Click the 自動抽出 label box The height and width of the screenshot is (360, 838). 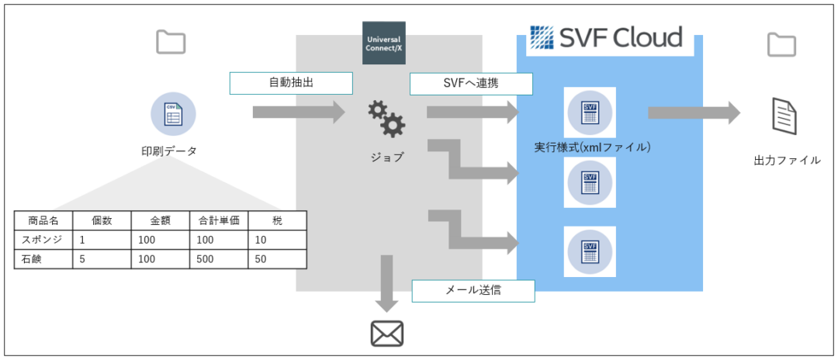pyautogui.click(x=291, y=83)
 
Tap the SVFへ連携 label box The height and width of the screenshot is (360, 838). pyautogui.click(x=472, y=83)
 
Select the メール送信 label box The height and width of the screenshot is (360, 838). pyautogui.click(x=473, y=290)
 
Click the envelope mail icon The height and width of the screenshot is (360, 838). pyautogui.click(x=387, y=334)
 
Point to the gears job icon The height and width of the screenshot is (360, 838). pyautogui.click(x=386, y=119)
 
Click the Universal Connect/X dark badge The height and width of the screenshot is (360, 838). pyautogui.click(x=384, y=43)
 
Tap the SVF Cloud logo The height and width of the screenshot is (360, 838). pyautogui.click(x=605, y=37)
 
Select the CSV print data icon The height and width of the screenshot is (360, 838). pyautogui.click(x=173, y=114)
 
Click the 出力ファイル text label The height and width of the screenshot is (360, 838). pyautogui.click(x=787, y=160)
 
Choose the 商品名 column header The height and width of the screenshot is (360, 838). pyautogui.click(x=43, y=220)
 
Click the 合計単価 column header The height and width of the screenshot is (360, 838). pyautogui.click(x=219, y=220)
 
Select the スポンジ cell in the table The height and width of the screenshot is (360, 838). pyautogui.click(x=43, y=240)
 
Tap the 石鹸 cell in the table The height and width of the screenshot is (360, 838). pyautogui.click(x=43, y=259)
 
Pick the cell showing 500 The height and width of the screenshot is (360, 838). pyautogui.click(x=219, y=259)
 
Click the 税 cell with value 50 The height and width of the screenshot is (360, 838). pyautogui.click(x=277, y=259)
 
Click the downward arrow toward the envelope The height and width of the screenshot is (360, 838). pyautogui.click(x=386, y=283)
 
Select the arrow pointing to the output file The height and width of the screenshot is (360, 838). pyautogui.click(x=694, y=112)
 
